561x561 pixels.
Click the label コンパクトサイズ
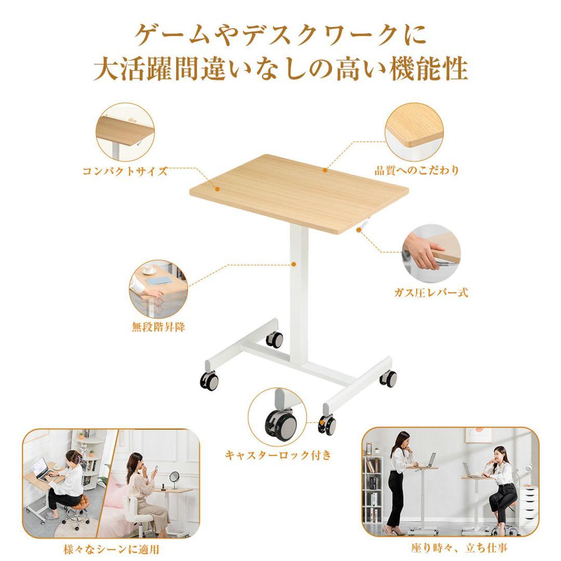[125, 171]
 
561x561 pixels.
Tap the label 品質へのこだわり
[417, 170]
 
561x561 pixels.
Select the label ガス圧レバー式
[431, 293]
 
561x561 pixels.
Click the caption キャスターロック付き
[277, 456]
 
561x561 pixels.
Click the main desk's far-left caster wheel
[210, 381]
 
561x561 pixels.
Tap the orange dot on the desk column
[293, 264]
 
